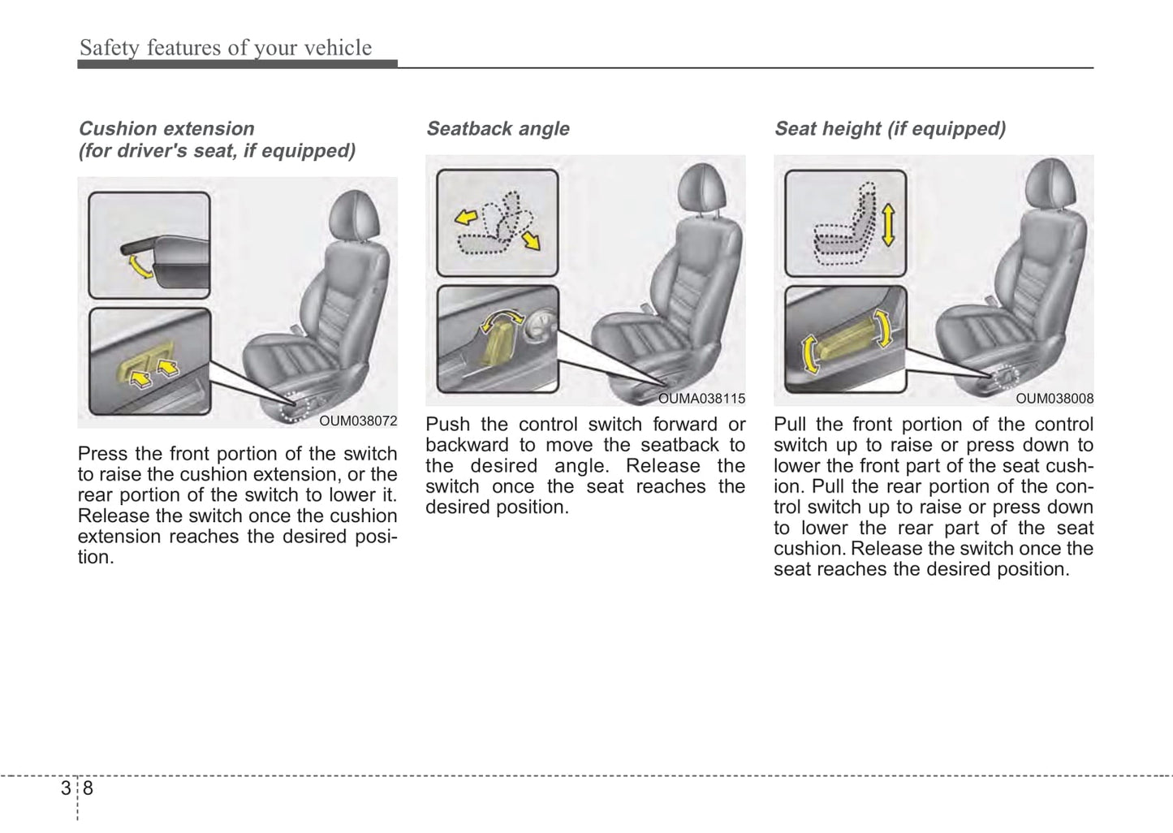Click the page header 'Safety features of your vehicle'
(x=225, y=48)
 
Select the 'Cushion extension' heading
(x=166, y=129)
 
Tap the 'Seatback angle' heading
(x=498, y=129)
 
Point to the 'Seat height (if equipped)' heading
(x=890, y=129)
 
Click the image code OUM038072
(x=358, y=421)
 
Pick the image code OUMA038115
(x=701, y=399)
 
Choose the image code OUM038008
(x=1054, y=399)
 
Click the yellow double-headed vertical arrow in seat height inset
(x=887, y=225)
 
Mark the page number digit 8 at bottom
(x=88, y=788)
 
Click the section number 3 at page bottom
(x=66, y=788)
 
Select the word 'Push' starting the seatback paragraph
(x=447, y=425)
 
